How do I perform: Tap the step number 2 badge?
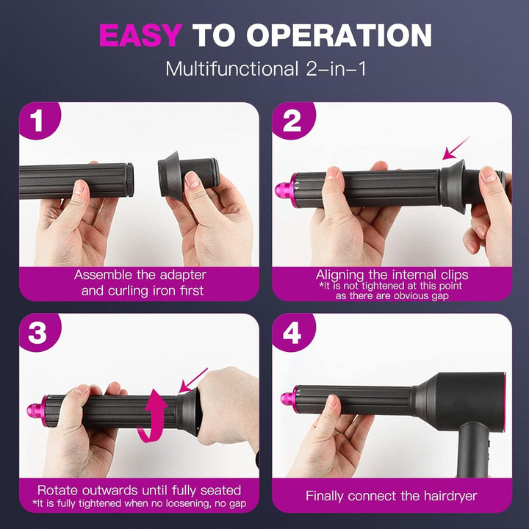[x=292, y=121]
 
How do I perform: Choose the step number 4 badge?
[x=292, y=333]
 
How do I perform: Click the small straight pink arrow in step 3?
[x=194, y=381]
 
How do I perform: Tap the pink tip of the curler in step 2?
[x=283, y=190]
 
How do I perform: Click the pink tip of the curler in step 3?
[x=35, y=409]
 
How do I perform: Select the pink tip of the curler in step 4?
[x=287, y=398]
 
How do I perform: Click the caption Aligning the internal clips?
[x=392, y=275]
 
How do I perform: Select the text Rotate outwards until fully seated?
[x=140, y=489]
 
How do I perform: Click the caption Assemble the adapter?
[x=140, y=275]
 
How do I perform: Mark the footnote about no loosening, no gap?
[x=140, y=503]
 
